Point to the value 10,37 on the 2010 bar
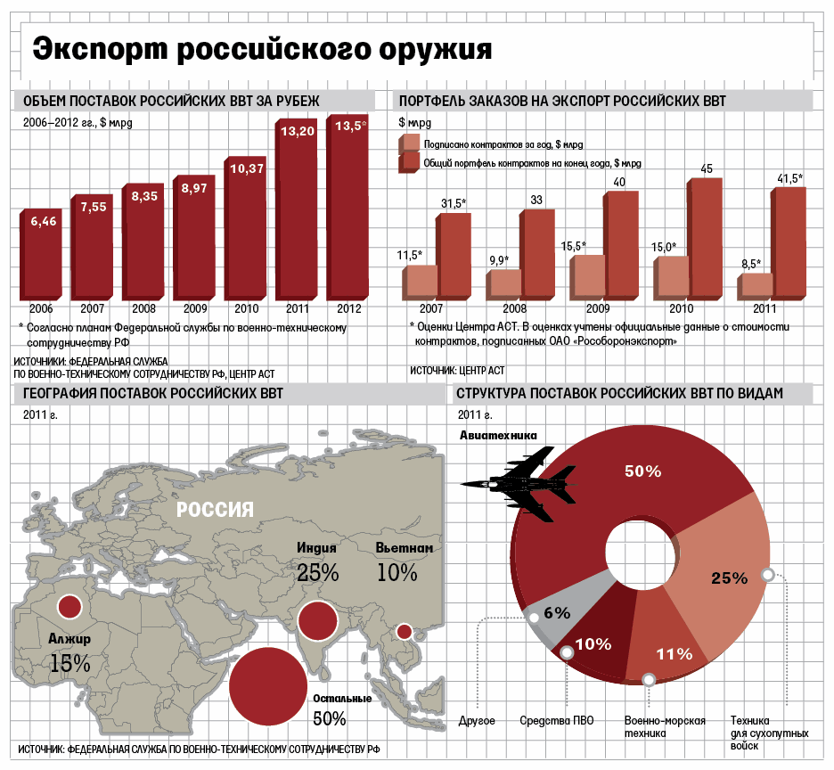tap(246, 168)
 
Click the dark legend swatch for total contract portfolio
tap(411, 161)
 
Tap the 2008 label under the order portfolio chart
tap(516, 308)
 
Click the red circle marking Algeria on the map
tap(69, 608)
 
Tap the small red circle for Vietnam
tap(404, 631)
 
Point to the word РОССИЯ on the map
tap(215, 510)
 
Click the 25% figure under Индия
tap(318, 571)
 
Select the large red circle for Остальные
tap(268, 684)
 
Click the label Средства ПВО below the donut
tap(556, 720)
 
